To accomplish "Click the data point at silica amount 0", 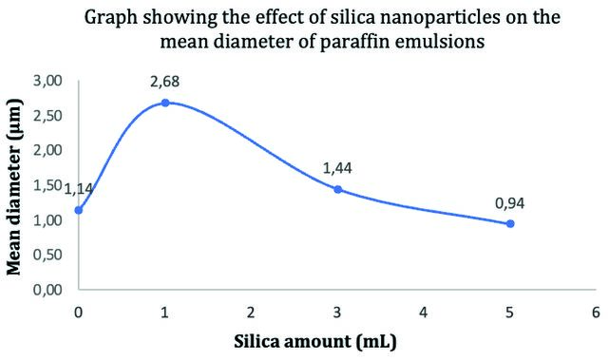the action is [79, 211].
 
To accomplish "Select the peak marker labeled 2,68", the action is [165, 104].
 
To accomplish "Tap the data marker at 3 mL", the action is [338, 189].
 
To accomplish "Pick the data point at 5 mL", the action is [510, 223].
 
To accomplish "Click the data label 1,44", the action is [337, 168].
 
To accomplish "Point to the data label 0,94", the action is [510, 203].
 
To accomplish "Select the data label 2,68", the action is [164, 82].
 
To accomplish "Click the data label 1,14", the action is [78, 189].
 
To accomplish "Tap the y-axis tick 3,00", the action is [47, 81].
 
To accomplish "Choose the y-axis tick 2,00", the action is [47, 150].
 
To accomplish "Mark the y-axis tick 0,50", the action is [47, 255].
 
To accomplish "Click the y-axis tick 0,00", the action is [47, 290].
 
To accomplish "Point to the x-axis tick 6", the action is [596, 313].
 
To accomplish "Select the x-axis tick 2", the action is [251, 313].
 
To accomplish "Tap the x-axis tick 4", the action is [424, 313].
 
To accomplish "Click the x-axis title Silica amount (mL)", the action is [315, 342].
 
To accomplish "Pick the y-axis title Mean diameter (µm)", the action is [14, 187].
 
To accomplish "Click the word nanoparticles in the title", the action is [415, 19].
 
